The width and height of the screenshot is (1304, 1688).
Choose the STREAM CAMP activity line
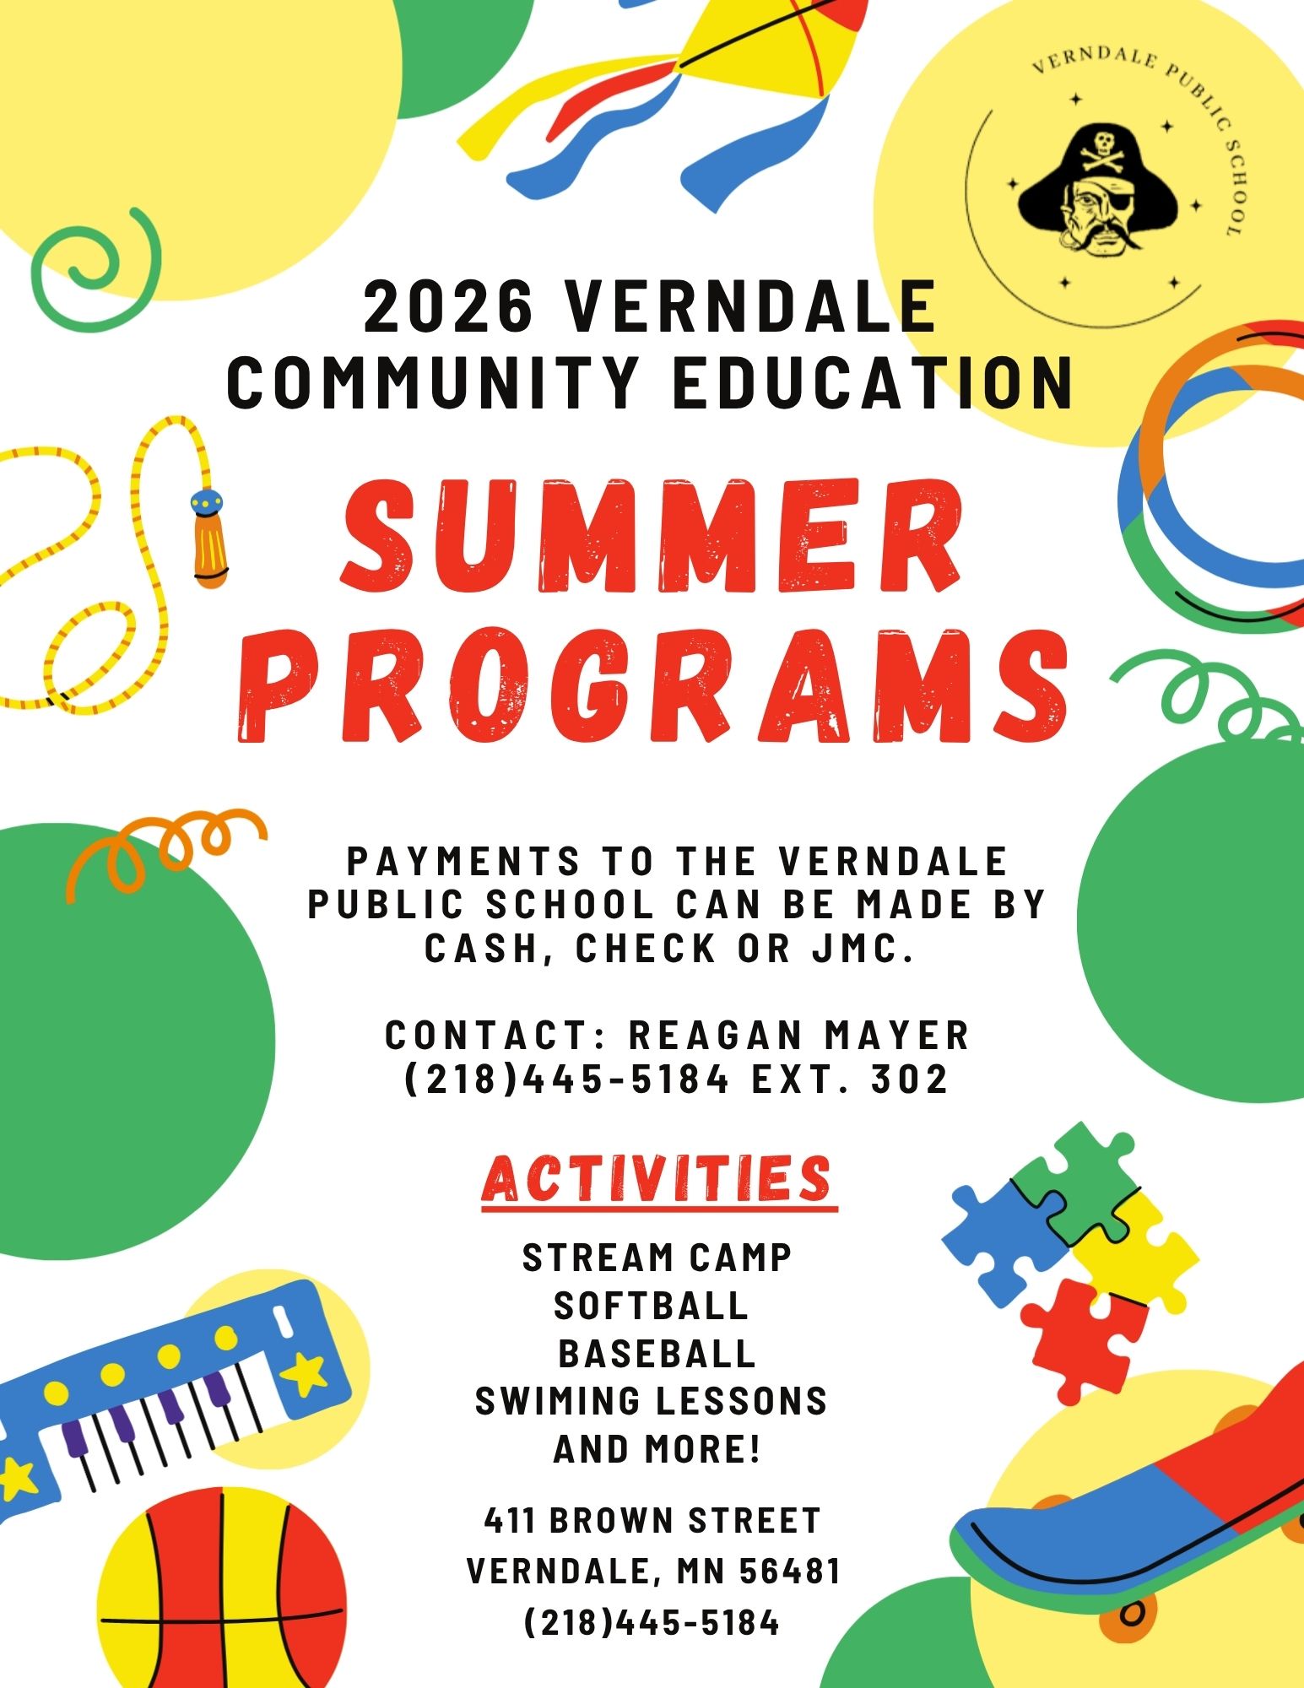657,1258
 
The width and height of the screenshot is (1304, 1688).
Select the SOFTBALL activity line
652,1306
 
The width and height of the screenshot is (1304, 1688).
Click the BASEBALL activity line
657,1354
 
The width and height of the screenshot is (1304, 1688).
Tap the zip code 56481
790,1572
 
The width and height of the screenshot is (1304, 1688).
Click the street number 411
509,1521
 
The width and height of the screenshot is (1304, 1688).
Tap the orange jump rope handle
208,540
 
